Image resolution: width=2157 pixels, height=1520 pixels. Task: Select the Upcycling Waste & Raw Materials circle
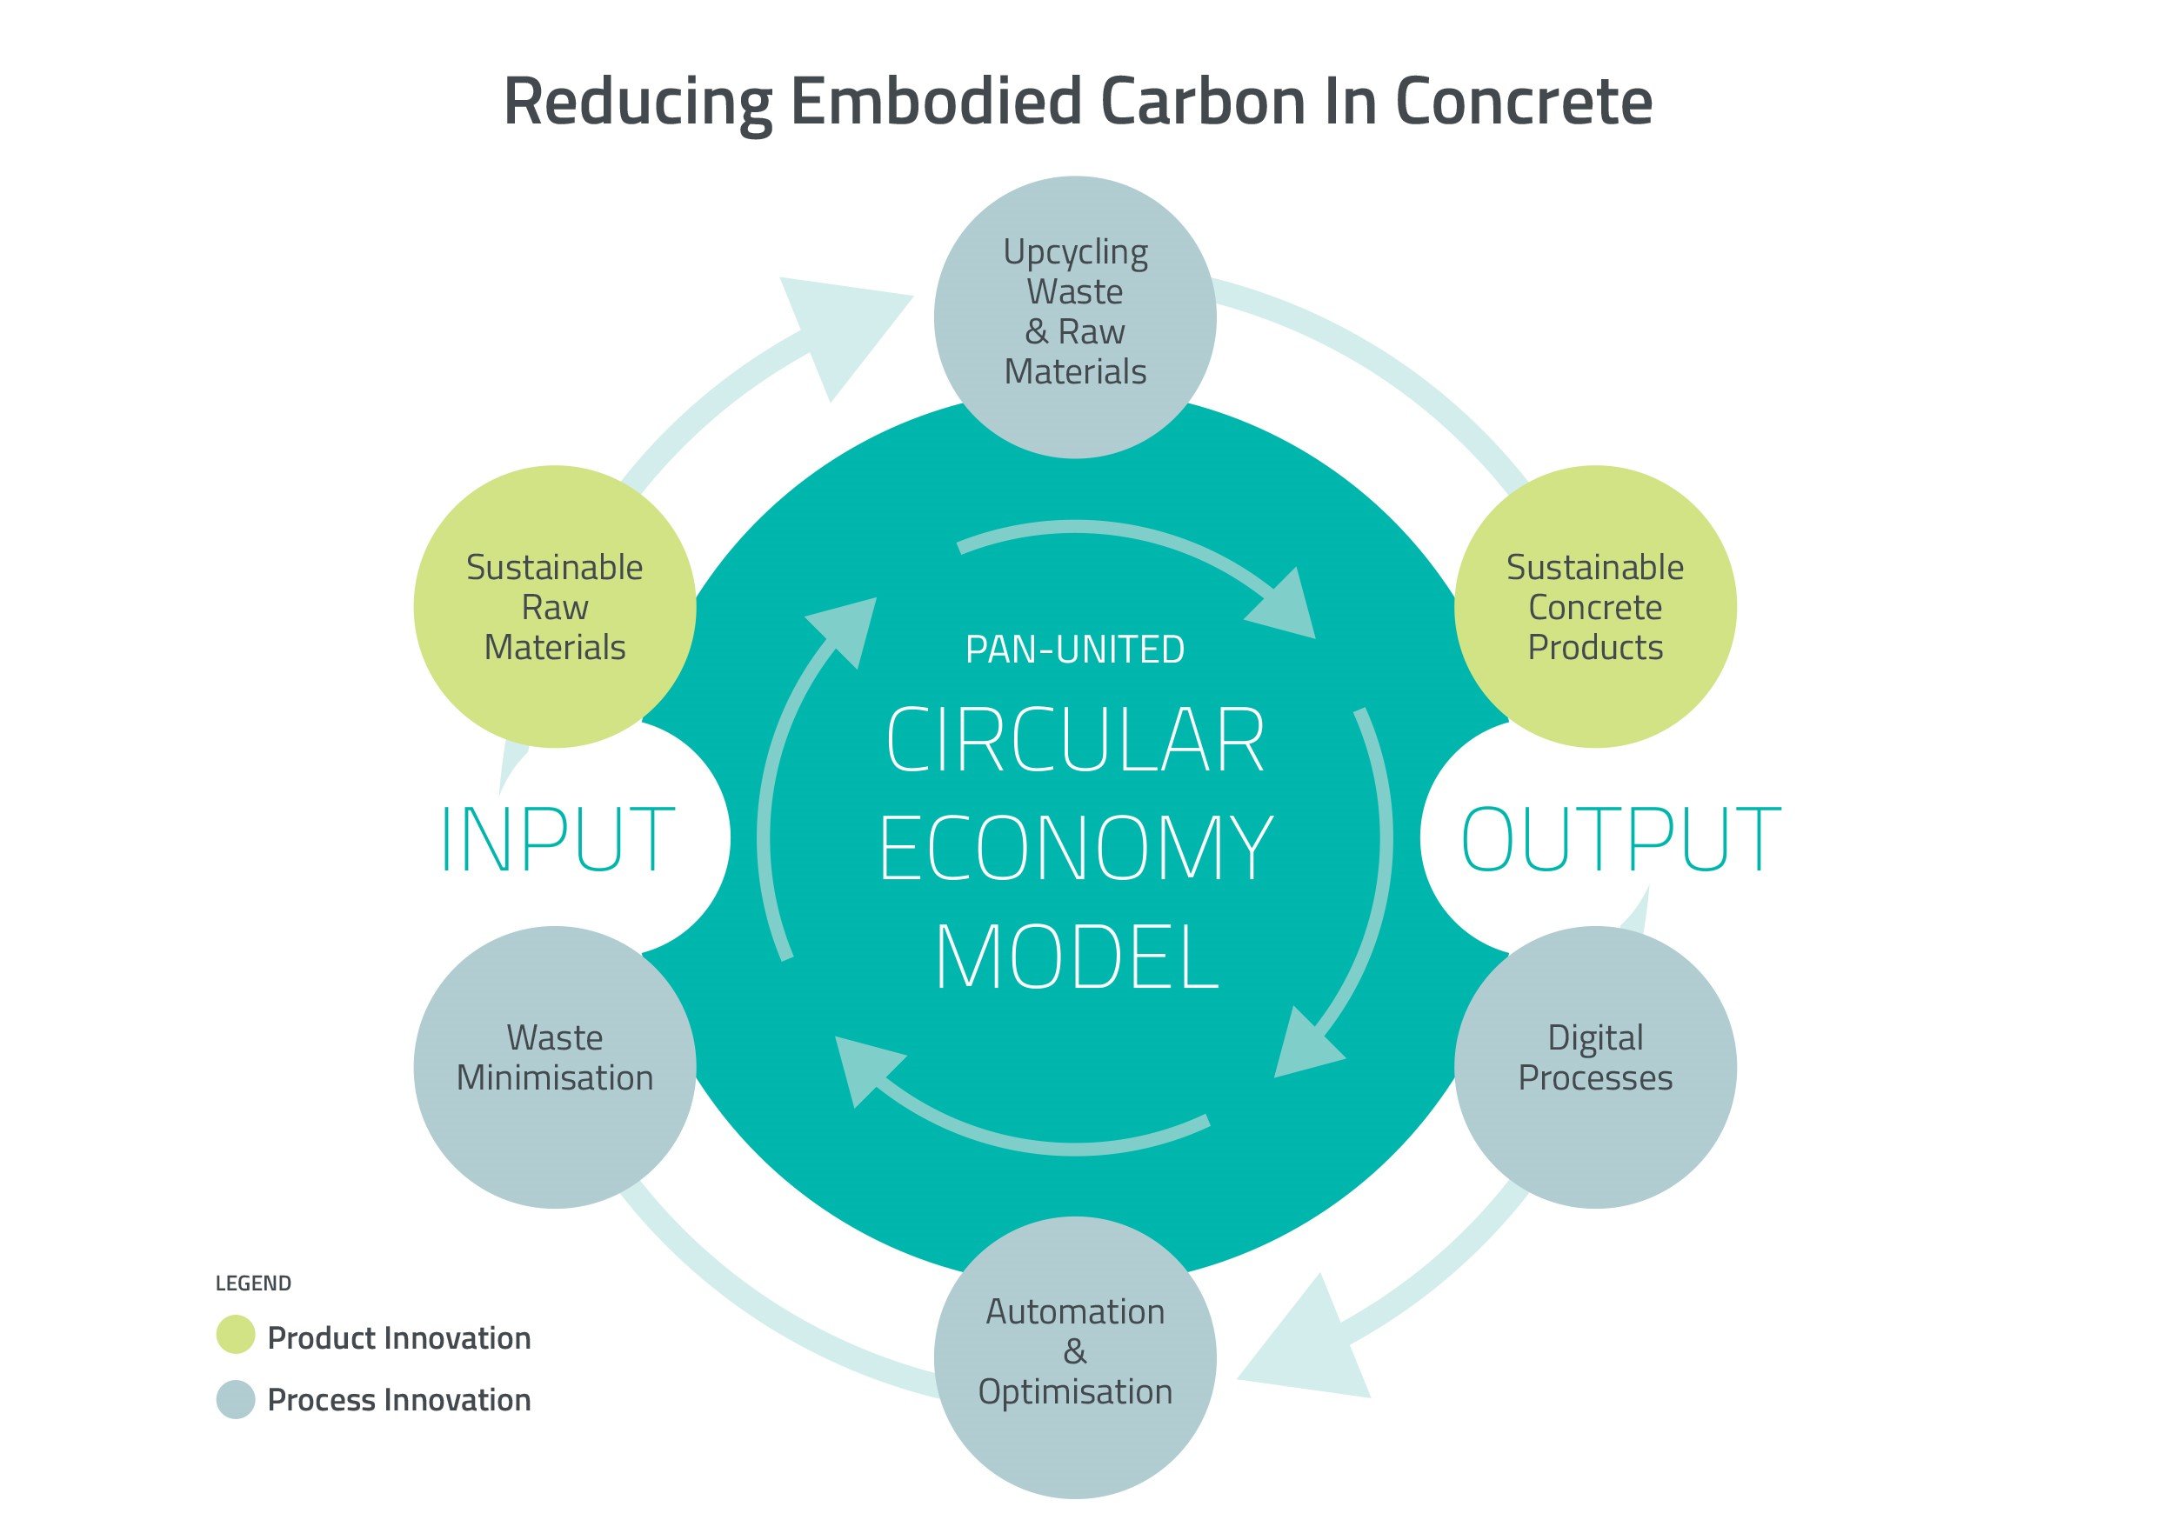(1076, 317)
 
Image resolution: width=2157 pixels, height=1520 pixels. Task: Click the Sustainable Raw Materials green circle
(555, 607)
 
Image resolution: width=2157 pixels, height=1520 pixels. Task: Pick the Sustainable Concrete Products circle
(1595, 607)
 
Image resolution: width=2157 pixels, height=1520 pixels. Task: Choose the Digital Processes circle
(1595, 1067)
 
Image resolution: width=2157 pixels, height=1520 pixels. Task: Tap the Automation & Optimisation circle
(1076, 1357)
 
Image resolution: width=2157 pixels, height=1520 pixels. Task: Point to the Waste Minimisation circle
(555, 1067)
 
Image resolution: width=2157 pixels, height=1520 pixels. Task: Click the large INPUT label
(558, 839)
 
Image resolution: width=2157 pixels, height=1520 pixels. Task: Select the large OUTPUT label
(1620, 839)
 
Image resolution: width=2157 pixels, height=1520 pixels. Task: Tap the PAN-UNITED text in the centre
(1076, 650)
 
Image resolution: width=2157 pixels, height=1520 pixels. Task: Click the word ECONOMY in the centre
(1076, 849)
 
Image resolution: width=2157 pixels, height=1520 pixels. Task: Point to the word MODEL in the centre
(1077, 957)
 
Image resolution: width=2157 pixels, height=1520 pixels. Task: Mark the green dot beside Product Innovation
(236, 1335)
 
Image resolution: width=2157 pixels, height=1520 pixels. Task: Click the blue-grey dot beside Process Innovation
(236, 1399)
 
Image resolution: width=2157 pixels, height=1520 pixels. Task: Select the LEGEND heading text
(254, 1283)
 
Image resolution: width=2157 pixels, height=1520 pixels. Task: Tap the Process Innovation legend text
(399, 1400)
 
